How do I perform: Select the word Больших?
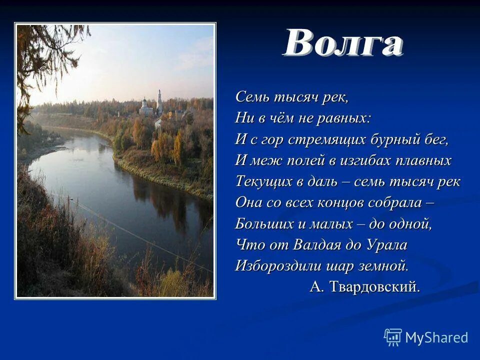click(261, 223)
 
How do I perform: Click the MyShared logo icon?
click(392, 337)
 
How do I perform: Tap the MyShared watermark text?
click(436, 338)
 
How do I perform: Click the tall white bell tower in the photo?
click(159, 101)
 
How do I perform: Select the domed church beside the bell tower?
click(146, 105)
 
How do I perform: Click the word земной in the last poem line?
click(386, 266)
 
